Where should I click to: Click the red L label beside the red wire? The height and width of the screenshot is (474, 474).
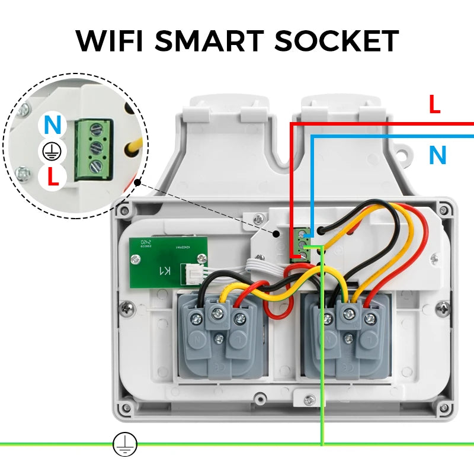435,105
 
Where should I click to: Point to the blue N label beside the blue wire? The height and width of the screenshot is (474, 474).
437,155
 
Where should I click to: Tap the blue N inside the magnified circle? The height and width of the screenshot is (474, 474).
52,125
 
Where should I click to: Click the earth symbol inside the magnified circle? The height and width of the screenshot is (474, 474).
52,152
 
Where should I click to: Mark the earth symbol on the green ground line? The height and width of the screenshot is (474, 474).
124,443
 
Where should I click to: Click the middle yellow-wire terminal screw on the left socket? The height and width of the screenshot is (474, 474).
218,315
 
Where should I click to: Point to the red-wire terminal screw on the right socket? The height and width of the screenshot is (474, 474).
370,319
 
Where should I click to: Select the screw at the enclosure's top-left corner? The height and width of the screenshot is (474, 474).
124,210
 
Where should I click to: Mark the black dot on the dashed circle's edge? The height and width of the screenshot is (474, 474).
137,183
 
